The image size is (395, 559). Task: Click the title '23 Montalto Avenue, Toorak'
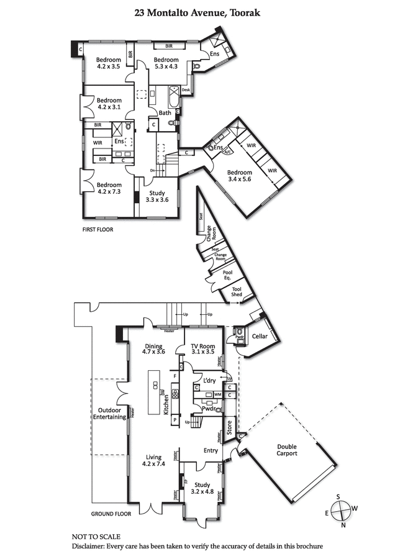coord(197,11)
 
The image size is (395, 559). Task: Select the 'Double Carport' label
coord(286,450)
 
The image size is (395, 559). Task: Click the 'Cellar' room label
coord(260,336)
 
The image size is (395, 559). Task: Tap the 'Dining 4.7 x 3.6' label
coord(153,349)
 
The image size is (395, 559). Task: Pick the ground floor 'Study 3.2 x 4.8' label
coord(202,488)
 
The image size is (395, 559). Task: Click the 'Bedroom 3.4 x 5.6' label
coord(239,176)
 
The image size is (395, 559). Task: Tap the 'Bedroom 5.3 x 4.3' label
coord(166,63)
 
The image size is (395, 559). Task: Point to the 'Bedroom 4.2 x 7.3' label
coord(109,188)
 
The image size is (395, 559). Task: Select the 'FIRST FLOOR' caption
coord(98,230)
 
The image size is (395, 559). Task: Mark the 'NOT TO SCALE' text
coord(96,536)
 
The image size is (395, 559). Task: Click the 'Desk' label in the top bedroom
coord(185,90)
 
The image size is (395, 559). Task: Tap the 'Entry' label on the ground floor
coord(211,450)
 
